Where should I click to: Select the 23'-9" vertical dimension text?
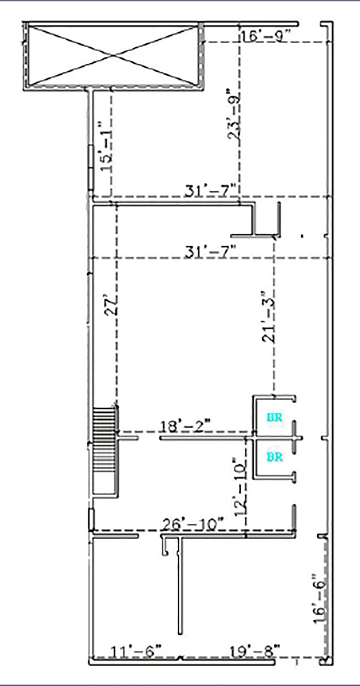coord(234,114)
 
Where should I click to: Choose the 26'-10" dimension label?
coord(193,524)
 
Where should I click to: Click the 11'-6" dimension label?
coord(136,652)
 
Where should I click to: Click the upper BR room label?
coord(274,417)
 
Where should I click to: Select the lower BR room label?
coord(274,457)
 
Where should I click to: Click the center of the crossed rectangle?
coord(113,56)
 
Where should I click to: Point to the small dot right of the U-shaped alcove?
coord(302,236)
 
